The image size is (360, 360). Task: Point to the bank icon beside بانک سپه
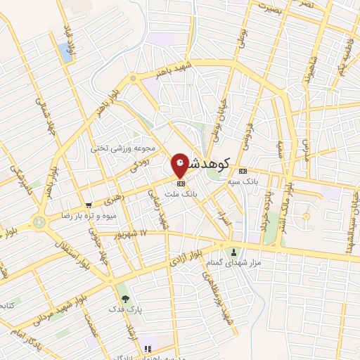click(x=243, y=170)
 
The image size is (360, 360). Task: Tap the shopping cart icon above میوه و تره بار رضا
click(x=87, y=205)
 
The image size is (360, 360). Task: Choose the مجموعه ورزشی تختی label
click(x=120, y=148)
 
